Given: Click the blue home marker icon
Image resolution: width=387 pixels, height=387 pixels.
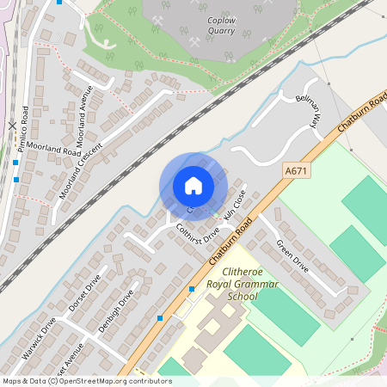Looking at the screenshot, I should (x=193, y=186).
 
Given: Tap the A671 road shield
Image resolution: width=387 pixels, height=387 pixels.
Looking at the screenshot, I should (x=296, y=172).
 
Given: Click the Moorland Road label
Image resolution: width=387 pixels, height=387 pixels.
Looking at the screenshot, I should (x=52, y=149).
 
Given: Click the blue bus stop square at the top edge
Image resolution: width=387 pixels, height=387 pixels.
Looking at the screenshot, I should (x=58, y=2).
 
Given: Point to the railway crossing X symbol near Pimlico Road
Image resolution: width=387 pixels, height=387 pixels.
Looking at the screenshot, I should (x=11, y=126).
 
